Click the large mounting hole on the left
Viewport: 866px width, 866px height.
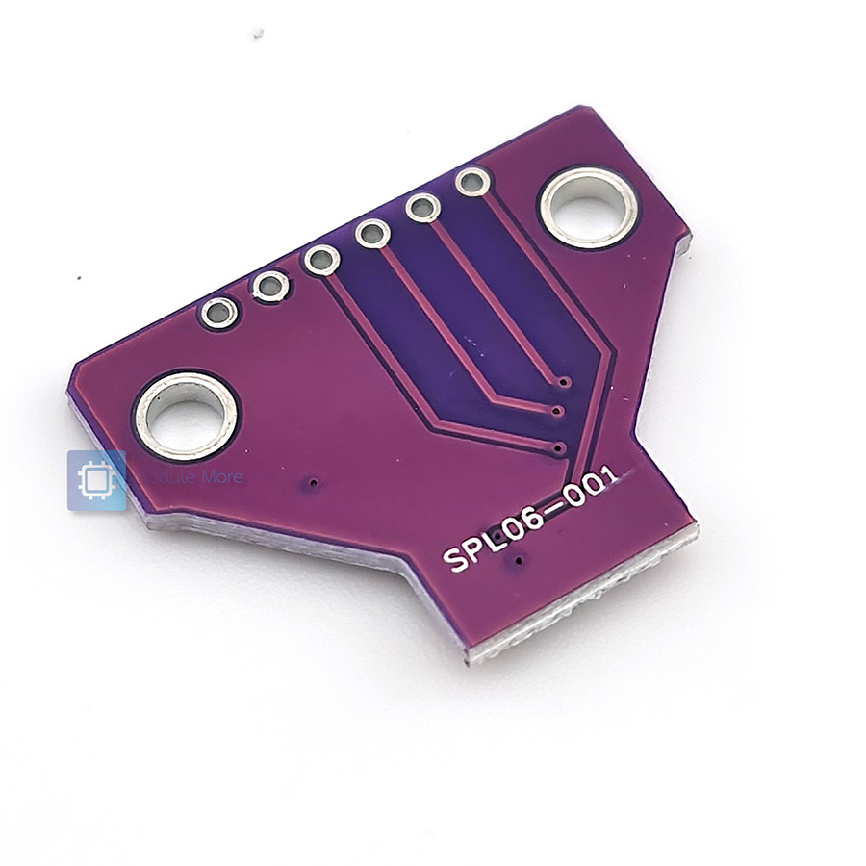tap(186, 416)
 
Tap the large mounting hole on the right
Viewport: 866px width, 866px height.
tap(588, 207)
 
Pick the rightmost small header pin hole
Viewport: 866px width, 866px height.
tap(472, 181)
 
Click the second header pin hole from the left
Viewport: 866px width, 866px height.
tap(270, 286)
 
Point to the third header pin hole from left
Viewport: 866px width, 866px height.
tap(321, 259)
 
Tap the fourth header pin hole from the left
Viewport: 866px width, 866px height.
tap(372, 232)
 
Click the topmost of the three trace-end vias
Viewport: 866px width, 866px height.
tap(564, 383)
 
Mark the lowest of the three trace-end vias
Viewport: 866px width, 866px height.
tap(559, 447)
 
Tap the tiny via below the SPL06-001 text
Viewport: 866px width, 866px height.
tap(520, 561)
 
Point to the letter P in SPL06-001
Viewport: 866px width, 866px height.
tap(476, 548)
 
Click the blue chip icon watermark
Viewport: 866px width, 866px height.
tap(96, 480)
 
